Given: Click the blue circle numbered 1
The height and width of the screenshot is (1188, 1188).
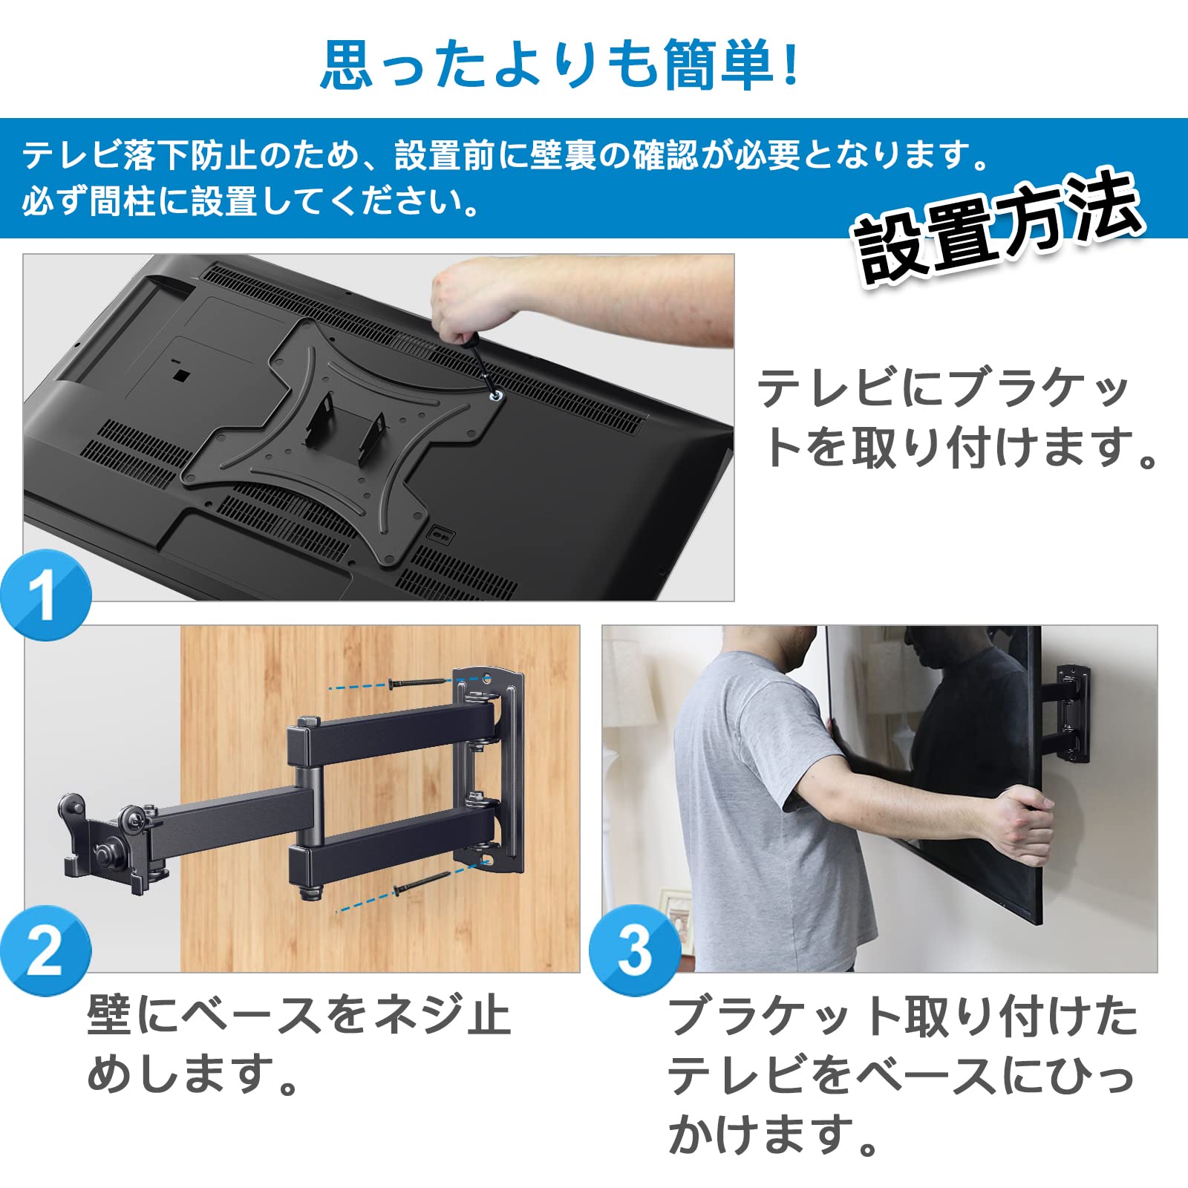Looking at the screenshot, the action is point(46,595).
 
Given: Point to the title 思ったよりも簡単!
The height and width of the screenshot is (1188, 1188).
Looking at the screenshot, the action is point(561,65).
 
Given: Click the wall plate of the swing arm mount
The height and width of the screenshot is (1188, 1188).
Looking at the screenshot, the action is point(490,768).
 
